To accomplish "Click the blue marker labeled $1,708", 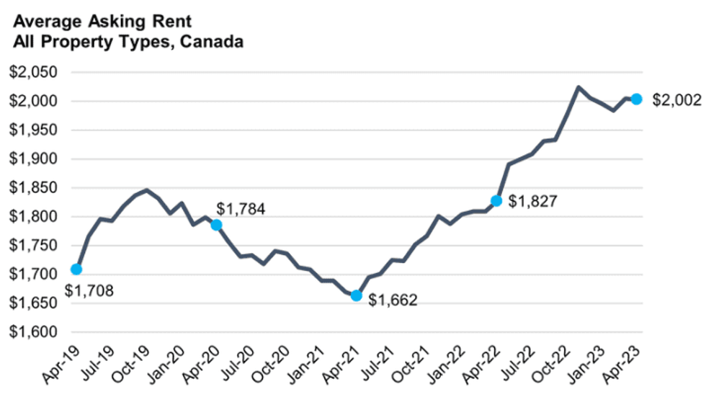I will coord(76,269).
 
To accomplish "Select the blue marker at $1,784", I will coord(216,225).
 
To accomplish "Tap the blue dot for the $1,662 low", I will coord(356,295).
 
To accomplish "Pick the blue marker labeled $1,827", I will coord(496,200).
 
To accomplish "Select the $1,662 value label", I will coord(393,300).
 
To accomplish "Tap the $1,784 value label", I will coord(241,210).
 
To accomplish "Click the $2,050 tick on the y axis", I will coord(34,72).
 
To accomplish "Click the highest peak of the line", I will coord(578,87).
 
